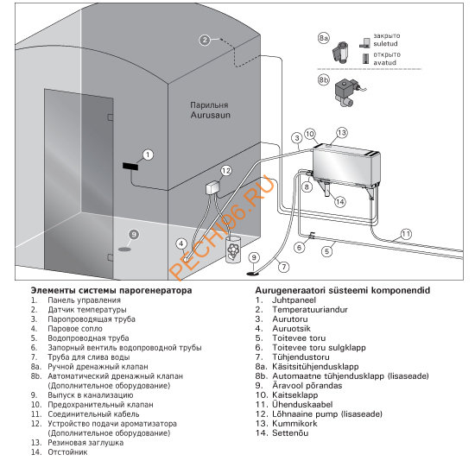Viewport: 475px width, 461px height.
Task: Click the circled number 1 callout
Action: point(148,155)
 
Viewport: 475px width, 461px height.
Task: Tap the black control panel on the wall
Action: point(130,167)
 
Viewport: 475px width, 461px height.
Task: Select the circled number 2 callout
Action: point(205,40)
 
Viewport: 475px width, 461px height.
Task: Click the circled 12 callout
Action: point(226,171)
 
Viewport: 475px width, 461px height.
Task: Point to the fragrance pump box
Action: point(212,188)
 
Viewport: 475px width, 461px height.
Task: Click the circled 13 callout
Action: point(342,133)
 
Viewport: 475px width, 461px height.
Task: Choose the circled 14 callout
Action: point(340,202)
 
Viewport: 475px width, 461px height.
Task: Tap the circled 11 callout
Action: point(406,234)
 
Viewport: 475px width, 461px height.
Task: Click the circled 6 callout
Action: point(300,248)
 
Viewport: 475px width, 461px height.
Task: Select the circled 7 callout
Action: point(284,267)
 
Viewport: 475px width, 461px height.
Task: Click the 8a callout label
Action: point(324,38)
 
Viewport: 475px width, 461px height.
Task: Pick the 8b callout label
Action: point(324,80)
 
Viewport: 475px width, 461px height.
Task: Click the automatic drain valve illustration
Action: point(348,92)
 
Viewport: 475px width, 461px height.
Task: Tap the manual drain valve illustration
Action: point(340,52)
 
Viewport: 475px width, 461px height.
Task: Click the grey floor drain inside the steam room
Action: point(124,249)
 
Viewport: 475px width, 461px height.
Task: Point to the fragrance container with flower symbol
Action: point(233,250)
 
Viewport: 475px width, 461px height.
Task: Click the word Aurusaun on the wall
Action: point(210,115)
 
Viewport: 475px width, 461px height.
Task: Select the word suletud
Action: point(385,44)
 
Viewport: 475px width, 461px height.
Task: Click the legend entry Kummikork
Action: point(294,423)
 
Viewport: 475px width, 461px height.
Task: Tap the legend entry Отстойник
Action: point(67,452)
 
